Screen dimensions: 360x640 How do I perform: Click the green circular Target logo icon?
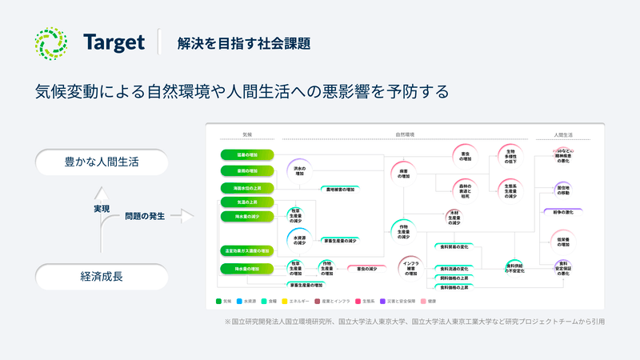coord(51,42)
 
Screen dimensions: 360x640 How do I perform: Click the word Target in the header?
coord(114,42)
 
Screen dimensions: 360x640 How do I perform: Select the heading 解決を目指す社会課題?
coord(244,43)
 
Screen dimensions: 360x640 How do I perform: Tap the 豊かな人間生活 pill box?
coord(102,162)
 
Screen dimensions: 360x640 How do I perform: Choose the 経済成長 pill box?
coord(102,278)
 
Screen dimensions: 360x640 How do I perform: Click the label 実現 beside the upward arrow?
coord(102,209)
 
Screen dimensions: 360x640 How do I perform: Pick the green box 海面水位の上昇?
coord(247,188)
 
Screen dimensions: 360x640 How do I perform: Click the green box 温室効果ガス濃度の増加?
coord(247,250)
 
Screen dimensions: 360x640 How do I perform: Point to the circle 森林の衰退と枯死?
coord(466,189)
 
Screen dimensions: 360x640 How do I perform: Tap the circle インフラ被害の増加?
coord(410,270)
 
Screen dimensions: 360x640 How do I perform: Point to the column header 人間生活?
coord(563,134)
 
